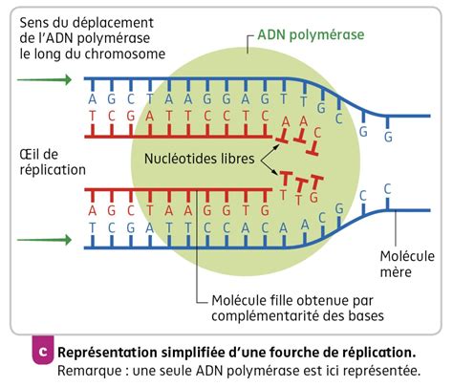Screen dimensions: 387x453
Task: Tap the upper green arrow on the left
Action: click(43, 77)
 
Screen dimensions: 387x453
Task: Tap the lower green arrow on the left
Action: click(43, 239)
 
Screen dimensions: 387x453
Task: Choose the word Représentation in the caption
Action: click(108, 350)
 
